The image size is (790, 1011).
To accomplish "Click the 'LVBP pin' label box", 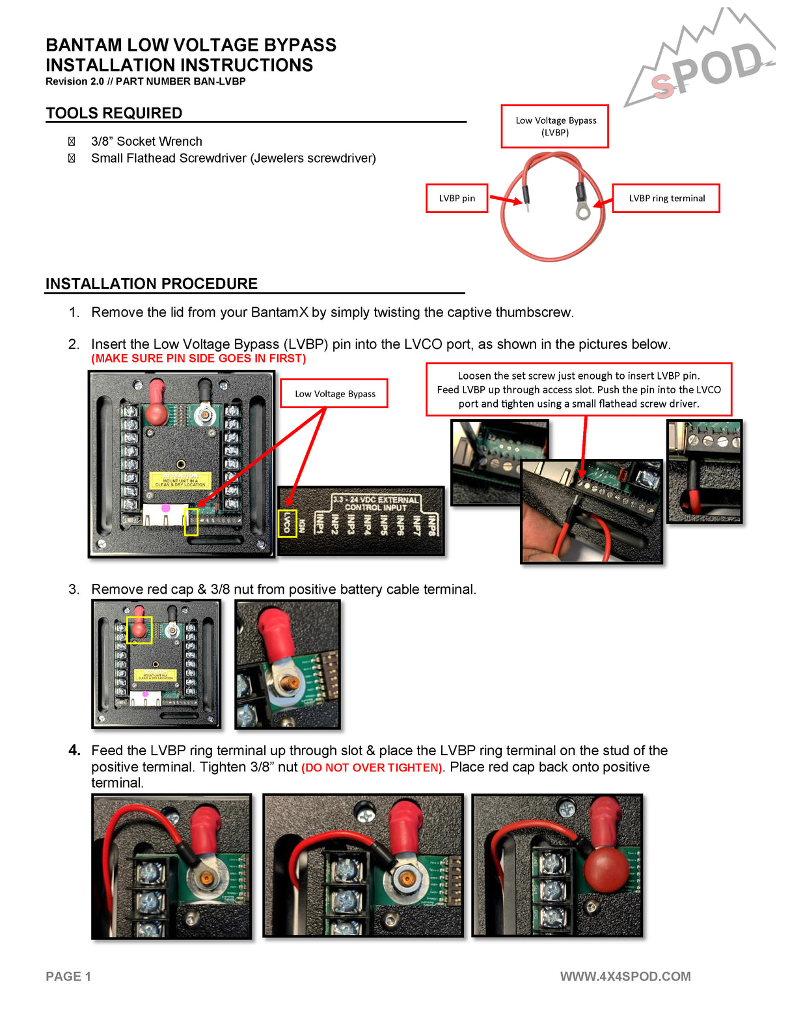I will click(457, 198).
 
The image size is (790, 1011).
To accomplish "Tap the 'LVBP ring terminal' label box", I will click(666, 198).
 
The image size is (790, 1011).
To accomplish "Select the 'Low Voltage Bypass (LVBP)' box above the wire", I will click(555, 126).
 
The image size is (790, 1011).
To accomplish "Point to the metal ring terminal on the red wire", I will click(583, 210).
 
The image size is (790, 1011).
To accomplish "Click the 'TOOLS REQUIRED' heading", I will click(114, 113).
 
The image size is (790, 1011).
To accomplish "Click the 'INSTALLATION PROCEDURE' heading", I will click(152, 284).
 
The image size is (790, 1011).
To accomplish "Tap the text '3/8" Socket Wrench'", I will click(146, 141).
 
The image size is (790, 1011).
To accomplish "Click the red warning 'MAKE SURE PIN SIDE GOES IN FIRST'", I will click(198, 359).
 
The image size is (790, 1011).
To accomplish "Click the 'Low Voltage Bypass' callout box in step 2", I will click(334, 393).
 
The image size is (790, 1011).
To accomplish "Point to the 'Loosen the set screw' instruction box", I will click(579, 389).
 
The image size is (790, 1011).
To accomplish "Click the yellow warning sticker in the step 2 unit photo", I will click(180, 480).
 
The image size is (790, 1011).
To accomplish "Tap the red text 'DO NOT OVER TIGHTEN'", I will click(372, 768).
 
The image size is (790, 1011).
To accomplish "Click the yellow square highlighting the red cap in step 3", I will click(139, 630).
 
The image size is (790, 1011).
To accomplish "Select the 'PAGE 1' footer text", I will click(68, 976).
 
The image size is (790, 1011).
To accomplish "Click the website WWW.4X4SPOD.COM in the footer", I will click(625, 976).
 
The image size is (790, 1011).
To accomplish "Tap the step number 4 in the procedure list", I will click(74, 751).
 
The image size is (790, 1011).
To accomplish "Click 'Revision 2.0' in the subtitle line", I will click(74, 81).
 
